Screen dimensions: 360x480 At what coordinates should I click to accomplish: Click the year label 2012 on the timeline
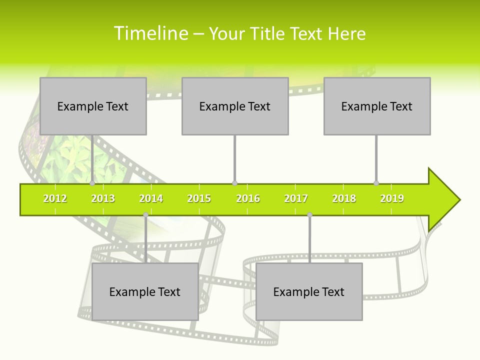pos(55,198)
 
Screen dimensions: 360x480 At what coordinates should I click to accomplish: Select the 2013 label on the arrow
pos(103,198)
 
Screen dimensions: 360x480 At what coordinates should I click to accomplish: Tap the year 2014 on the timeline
pos(151,198)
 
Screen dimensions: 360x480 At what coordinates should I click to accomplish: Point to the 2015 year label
pos(199,198)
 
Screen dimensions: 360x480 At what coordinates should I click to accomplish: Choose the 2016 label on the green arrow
pos(248,198)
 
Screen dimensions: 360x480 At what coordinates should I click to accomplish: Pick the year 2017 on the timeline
pos(296,198)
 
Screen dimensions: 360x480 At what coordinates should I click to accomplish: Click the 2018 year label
pos(344,198)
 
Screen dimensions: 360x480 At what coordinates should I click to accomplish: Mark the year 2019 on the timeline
pos(392,198)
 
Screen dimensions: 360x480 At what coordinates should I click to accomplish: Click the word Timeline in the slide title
pos(150,33)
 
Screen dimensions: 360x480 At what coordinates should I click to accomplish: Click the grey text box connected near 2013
pos(93,106)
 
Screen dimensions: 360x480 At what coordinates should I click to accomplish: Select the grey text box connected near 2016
pos(235,106)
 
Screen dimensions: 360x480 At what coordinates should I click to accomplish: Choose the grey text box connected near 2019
pos(377,106)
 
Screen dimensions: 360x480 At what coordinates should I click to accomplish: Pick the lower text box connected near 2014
pos(145,292)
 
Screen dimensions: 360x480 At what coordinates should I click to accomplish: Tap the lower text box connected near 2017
pos(309,292)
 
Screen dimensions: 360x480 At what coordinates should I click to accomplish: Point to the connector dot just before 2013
pos(92,183)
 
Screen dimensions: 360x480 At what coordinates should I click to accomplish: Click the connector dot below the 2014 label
pos(145,214)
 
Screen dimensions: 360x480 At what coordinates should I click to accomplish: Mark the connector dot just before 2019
pos(376,183)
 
